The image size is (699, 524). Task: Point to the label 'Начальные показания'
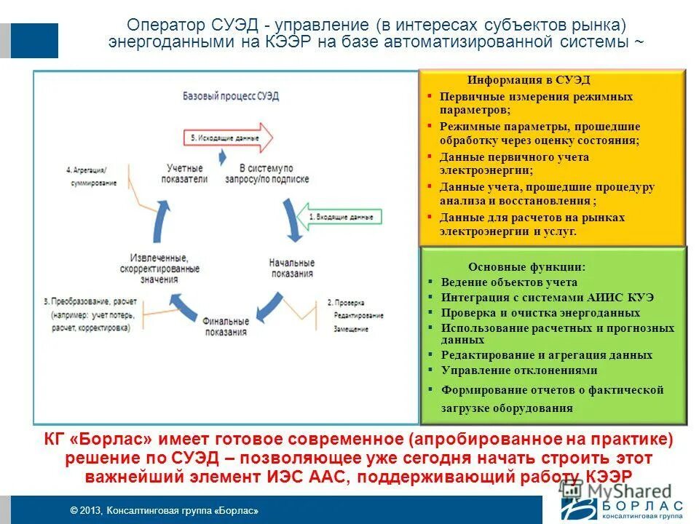point(291,268)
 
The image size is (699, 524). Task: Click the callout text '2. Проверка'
point(345,303)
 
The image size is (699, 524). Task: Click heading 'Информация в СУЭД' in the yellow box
point(529,80)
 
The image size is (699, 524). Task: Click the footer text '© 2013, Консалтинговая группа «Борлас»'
point(164,511)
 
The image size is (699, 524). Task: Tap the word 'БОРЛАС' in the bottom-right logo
point(640,505)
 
